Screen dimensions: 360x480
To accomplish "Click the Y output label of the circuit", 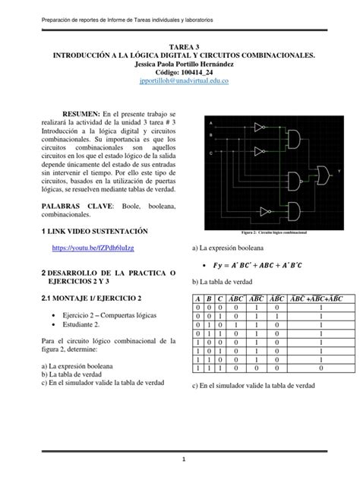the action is [339, 172].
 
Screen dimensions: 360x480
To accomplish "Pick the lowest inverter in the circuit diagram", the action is [265, 212].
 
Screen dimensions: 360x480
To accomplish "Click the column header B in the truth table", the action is [208, 298].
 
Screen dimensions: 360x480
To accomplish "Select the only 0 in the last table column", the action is [321, 367].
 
